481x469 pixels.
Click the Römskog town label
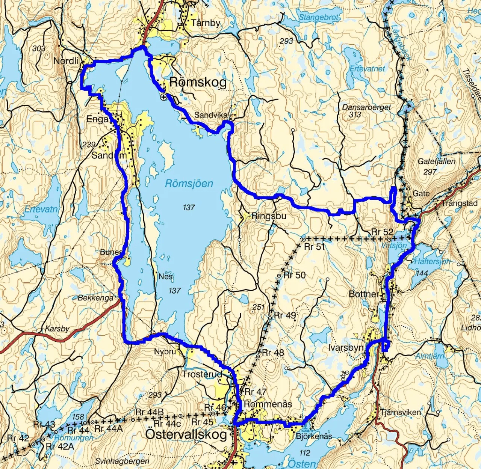198,82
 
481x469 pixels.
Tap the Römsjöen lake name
189,184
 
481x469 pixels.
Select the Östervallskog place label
186,434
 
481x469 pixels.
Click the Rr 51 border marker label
314,247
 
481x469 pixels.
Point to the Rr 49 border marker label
285,315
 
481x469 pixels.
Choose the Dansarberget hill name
366,107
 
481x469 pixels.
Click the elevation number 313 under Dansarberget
355,115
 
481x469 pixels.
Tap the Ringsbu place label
269,216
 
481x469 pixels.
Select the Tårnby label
205,23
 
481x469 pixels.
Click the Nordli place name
66,61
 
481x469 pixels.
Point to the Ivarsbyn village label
346,348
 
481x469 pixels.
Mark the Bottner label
364,294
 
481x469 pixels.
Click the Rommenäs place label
268,404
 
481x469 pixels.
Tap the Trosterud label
202,374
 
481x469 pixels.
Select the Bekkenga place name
95,298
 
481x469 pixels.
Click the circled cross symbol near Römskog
164,97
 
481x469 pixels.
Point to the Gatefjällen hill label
436,161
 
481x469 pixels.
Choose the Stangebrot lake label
319,17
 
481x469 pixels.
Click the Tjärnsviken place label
401,412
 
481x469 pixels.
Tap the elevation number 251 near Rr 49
259,307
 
